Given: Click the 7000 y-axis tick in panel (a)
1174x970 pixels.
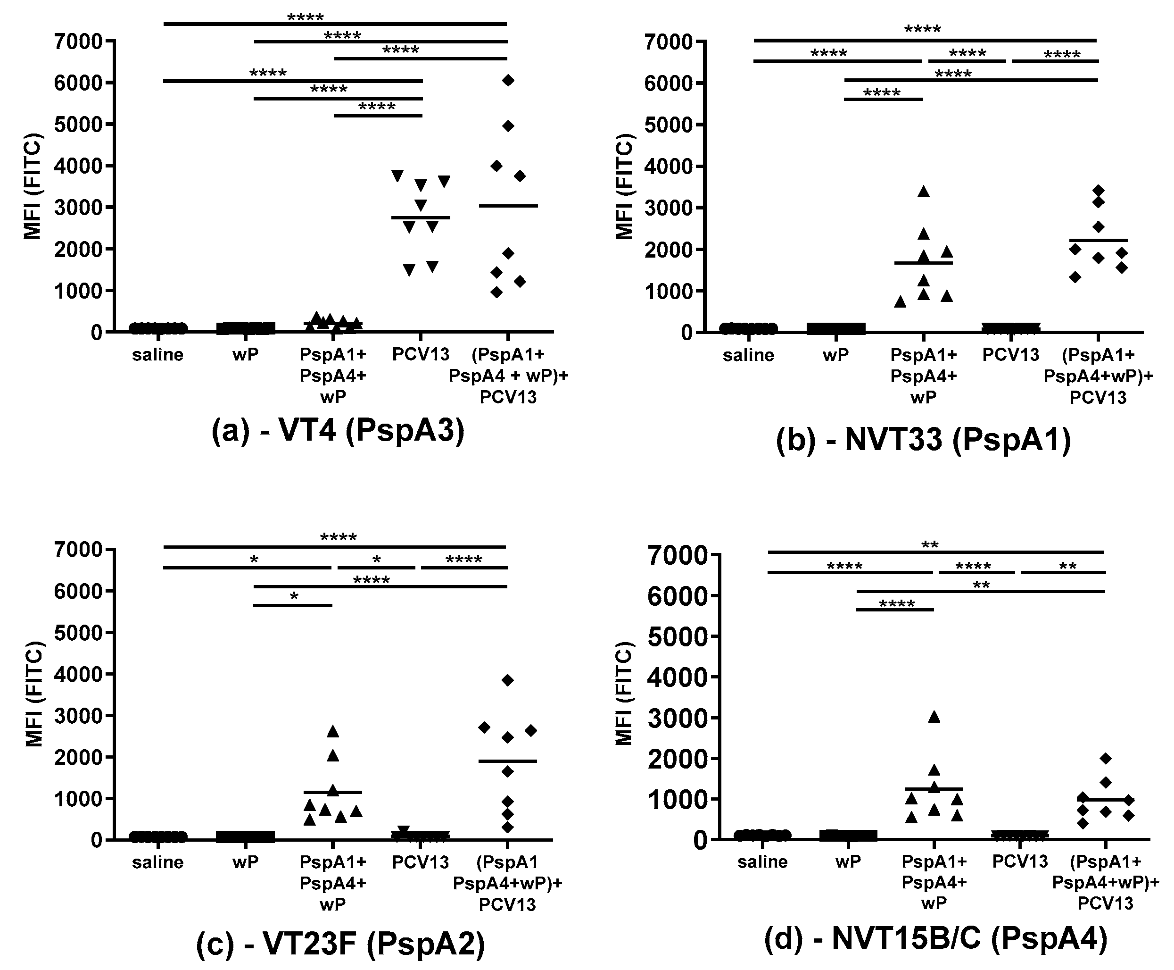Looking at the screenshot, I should coord(78,42).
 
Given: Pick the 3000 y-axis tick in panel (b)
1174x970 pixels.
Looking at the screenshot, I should coord(668,208).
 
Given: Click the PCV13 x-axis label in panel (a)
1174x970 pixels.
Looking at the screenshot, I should coord(421,354).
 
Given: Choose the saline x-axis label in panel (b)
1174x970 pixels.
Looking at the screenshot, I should coord(748,355).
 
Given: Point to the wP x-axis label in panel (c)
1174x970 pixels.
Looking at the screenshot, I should coord(246,862).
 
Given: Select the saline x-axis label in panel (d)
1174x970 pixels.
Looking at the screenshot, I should coord(762,861).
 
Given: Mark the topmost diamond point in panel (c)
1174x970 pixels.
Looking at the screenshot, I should coord(507,680).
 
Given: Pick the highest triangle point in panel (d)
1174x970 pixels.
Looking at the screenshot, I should coord(934,717).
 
